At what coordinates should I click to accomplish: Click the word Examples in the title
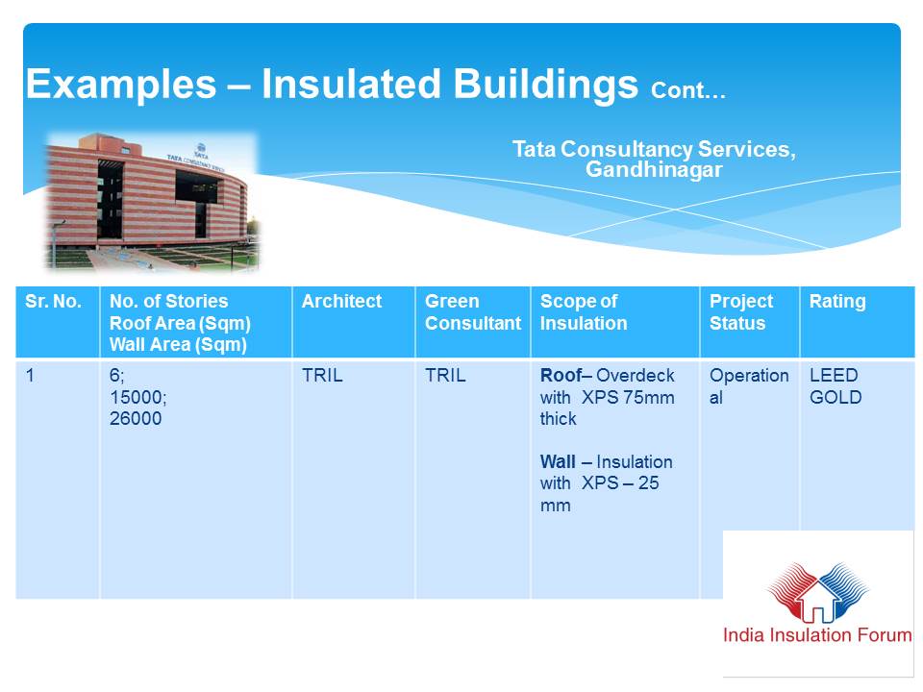[121, 85]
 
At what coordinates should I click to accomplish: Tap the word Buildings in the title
[546, 85]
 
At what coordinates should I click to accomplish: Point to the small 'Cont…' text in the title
[688, 90]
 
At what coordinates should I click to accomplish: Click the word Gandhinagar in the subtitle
[654, 169]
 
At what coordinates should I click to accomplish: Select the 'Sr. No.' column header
[53, 301]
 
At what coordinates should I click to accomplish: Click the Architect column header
[341, 301]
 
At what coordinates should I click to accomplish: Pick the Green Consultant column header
[473, 311]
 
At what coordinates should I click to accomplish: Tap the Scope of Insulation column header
[584, 311]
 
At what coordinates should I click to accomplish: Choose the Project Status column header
[741, 311]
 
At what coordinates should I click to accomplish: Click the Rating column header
[837, 301]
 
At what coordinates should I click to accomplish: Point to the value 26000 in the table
[136, 418]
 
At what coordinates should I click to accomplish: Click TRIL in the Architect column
[322, 376]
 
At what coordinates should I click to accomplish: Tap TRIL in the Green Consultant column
[445, 376]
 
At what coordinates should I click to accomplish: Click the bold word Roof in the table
[561, 376]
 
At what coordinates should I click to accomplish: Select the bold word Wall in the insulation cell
[558, 462]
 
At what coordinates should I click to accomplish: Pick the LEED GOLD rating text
[836, 386]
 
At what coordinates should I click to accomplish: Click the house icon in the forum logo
[817, 598]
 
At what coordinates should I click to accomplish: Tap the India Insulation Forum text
[817, 635]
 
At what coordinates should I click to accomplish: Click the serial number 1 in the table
[30, 376]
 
